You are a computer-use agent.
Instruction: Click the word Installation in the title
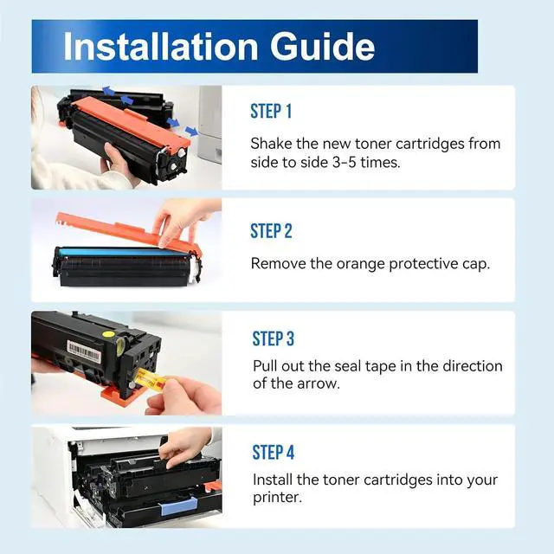pos(161,46)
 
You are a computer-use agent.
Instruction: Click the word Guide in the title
pos(323,46)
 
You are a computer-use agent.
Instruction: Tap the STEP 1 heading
pos(271,111)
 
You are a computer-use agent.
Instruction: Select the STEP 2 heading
pos(271,231)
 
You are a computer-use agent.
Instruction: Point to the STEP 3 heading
pos(274,338)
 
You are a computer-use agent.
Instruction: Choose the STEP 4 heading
pos(274,452)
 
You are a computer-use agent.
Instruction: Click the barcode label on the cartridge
pos(84,351)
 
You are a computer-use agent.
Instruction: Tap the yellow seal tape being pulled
pos(151,379)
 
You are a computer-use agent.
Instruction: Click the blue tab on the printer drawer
pos(178,506)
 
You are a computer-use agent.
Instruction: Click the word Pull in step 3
pos(265,366)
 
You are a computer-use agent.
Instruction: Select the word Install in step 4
pos(273,480)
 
